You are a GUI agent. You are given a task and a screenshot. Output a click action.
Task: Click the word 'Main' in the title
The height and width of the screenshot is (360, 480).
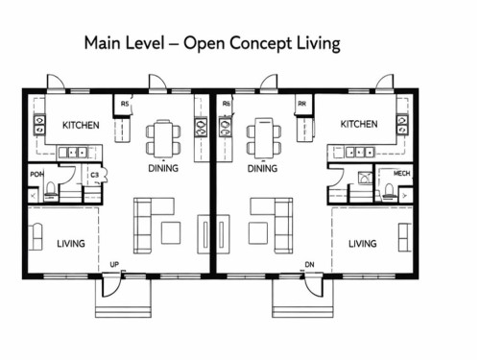coord(103,43)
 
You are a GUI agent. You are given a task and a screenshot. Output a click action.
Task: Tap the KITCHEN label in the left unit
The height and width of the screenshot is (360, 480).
coord(82,125)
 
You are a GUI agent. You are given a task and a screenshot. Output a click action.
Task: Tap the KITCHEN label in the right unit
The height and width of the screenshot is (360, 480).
coord(358,124)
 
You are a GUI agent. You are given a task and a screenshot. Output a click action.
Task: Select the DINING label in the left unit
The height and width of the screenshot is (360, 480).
coord(162,169)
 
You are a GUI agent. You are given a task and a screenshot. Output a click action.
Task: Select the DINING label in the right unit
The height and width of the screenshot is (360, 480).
coord(262,169)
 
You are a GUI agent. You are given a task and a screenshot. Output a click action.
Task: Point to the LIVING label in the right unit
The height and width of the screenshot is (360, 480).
coord(362,244)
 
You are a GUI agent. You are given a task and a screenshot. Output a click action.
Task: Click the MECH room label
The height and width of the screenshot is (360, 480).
coord(403,174)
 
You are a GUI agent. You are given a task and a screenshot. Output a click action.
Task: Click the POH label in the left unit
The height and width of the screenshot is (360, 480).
coord(36,175)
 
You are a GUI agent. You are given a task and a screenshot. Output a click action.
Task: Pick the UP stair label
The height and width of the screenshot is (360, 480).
coord(115,264)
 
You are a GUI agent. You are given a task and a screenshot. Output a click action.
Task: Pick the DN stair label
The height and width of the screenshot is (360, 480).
coord(308,264)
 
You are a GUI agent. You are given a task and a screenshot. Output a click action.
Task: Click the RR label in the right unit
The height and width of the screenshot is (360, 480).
coord(302,104)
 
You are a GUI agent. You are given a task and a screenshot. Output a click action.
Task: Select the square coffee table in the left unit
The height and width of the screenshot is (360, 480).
coord(170,232)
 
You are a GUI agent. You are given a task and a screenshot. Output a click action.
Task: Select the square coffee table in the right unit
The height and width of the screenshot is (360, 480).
coord(257,232)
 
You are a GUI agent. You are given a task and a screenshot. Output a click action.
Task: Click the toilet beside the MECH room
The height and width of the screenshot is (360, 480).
coord(390,191)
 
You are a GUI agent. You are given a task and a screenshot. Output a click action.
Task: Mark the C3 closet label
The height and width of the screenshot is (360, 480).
coord(94,176)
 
